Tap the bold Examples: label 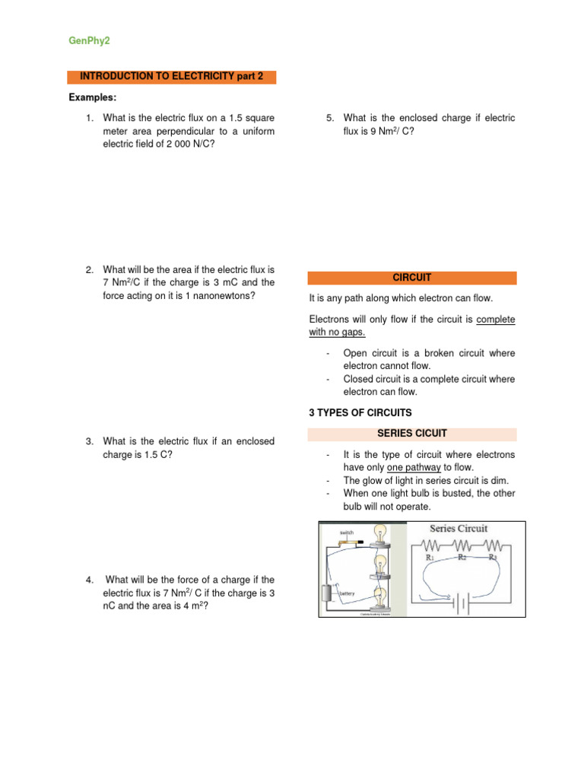click(x=93, y=97)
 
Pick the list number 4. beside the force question click(x=90, y=580)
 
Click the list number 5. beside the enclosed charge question click(x=330, y=118)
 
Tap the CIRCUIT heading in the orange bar click(x=411, y=278)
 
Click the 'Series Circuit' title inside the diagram click(x=459, y=528)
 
